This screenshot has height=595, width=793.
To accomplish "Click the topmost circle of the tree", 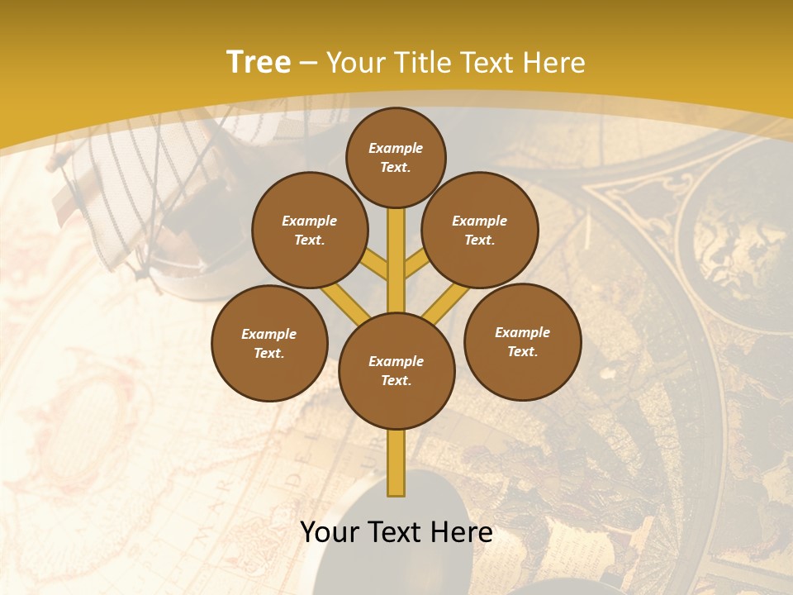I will (x=396, y=157).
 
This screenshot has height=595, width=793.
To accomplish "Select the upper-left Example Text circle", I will (x=310, y=231).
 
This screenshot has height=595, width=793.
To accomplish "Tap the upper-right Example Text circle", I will (x=480, y=231).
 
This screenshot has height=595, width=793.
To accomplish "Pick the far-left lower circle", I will (x=269, y=343).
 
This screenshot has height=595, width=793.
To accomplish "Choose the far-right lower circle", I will (x=522, y=342).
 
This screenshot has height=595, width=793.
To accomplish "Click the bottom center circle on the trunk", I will (x=396, y=371).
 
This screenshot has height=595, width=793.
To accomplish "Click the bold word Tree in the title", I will (x=259, y=63).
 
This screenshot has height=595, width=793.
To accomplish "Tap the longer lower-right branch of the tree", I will (x=446, y=302).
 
